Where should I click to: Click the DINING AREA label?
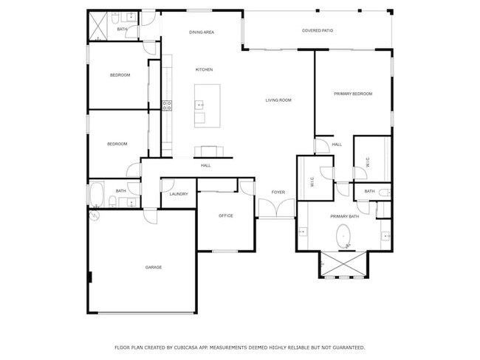[202, 32]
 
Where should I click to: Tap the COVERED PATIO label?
[317, 30]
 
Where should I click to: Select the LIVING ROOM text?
[279, 100]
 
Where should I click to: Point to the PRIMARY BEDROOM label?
[353, 94]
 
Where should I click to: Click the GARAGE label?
[153, 267]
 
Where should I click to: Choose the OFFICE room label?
[226, 215]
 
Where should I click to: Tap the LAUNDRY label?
[179, 194]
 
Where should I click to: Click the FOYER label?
[278, 193]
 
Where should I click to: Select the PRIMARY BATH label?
[344, 216]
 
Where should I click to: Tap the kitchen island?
[208, 97]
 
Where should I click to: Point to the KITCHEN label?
[204, 69]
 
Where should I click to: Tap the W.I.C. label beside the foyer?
[312, 184]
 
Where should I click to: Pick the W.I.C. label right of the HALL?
[366, 163]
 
